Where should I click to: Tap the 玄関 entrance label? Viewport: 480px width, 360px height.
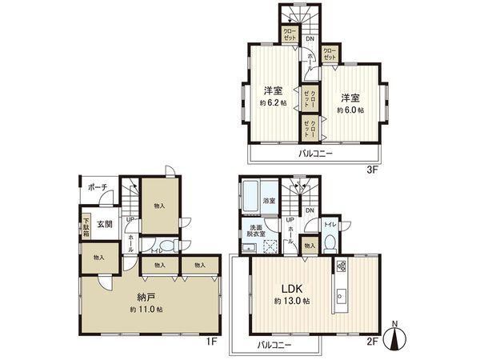pos(105,224)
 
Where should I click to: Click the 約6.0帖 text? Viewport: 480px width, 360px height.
pos(349,110)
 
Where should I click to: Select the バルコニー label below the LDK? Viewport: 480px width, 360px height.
pos(275,346)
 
